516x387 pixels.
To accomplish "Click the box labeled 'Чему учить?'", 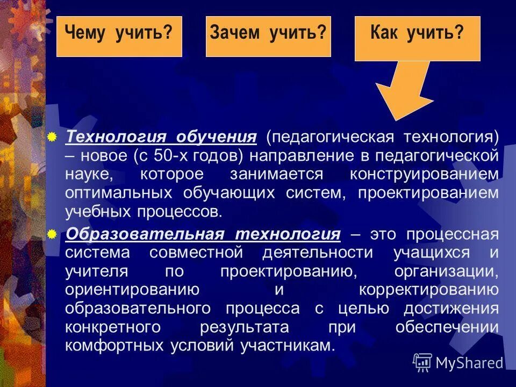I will [x=119, y=36].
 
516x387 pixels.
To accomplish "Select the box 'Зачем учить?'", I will [x=268, y=36].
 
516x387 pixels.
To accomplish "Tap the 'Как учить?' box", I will [x=417, y=38].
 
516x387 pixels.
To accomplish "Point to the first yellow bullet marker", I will [x=52, y=137].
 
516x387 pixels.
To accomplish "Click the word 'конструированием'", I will [x=424, y=174].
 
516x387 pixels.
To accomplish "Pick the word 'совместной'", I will [x=200, y=253].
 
